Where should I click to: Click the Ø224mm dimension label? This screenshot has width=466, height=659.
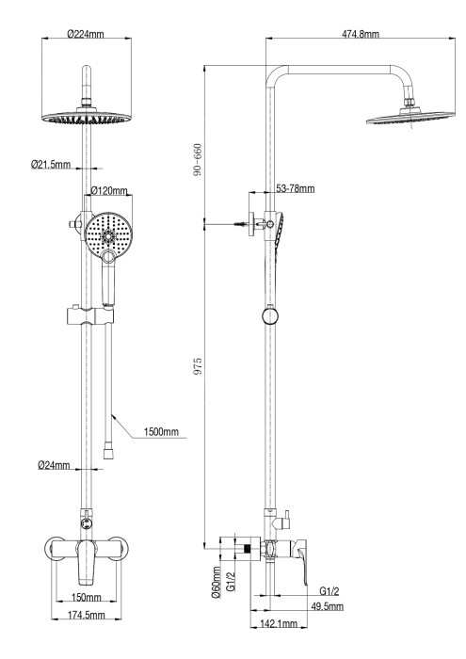click(x=87, y=35)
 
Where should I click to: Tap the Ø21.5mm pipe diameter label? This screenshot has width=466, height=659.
click(x=50, y=164)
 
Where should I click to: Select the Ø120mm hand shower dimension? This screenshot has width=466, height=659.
click(x=108, y=191)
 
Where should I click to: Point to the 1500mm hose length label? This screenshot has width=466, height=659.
click(x=161, y=432)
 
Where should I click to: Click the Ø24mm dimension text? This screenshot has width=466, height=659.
click(x=55, y=464)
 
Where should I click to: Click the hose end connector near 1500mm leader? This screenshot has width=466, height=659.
click(x=109, y=450)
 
